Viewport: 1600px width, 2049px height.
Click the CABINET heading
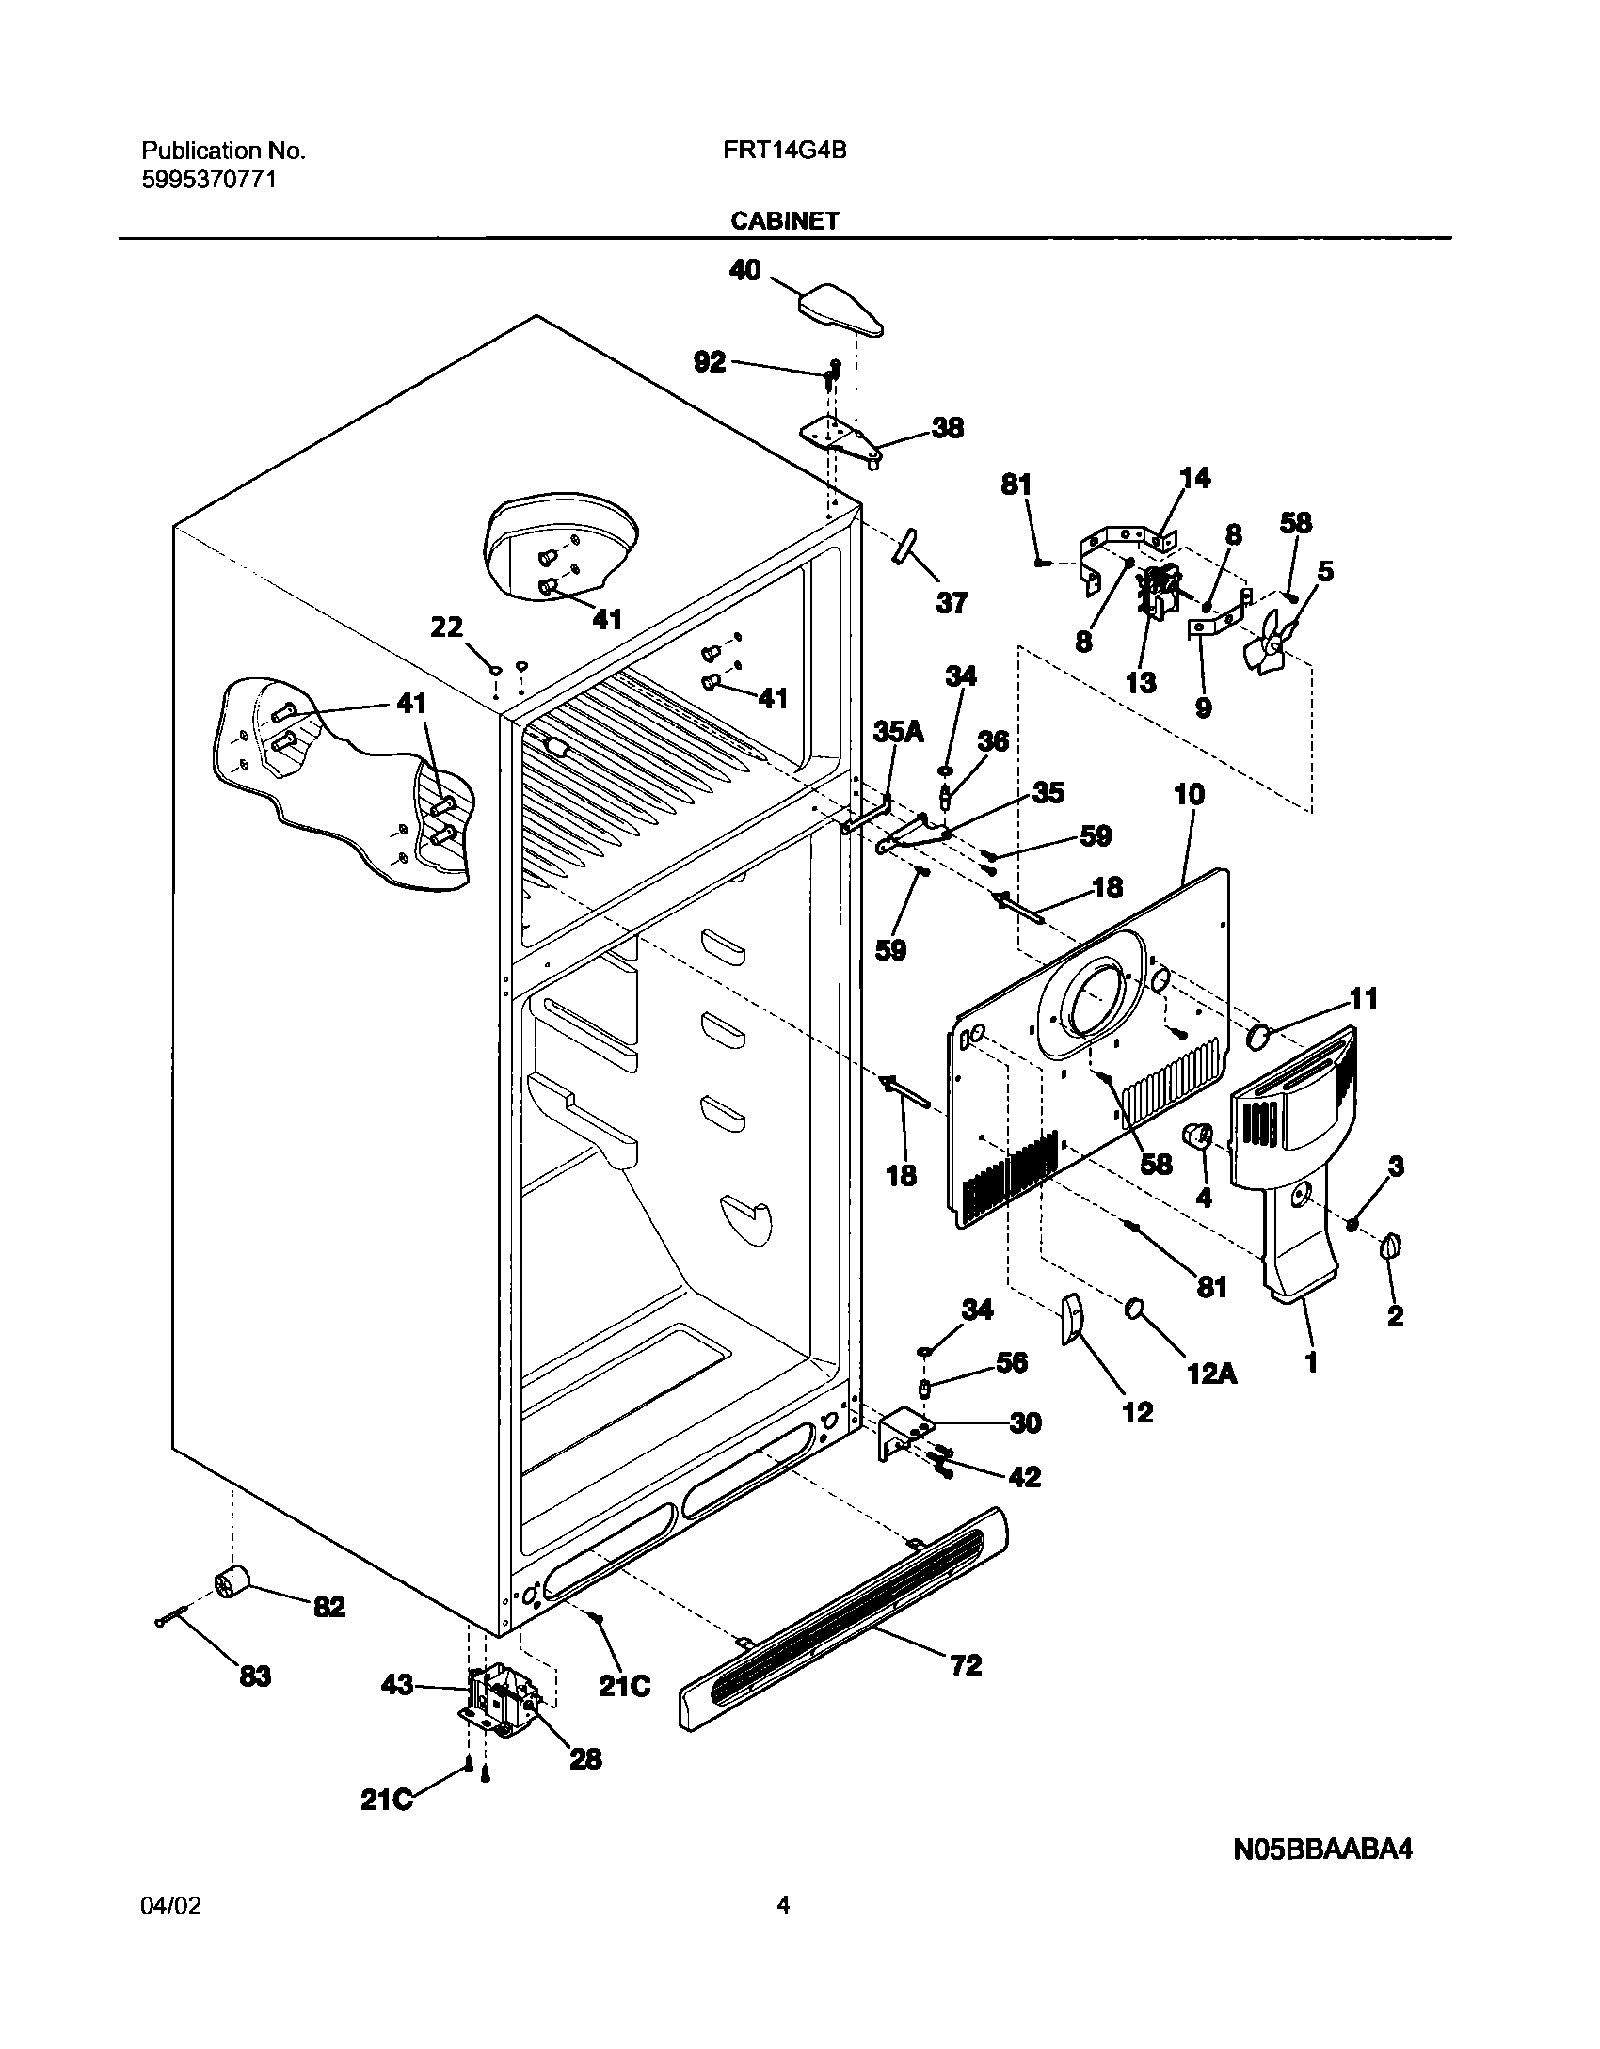coord(784,221)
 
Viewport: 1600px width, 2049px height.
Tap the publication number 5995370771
coord(209,180)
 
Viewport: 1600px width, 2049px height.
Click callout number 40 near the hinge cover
coord(744,271)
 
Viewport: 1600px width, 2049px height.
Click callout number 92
coord(711,362)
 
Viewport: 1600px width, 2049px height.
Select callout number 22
coord(448,627)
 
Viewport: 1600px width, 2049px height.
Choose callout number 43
coord(398,1685)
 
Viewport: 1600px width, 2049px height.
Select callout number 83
coord(254,1676)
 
